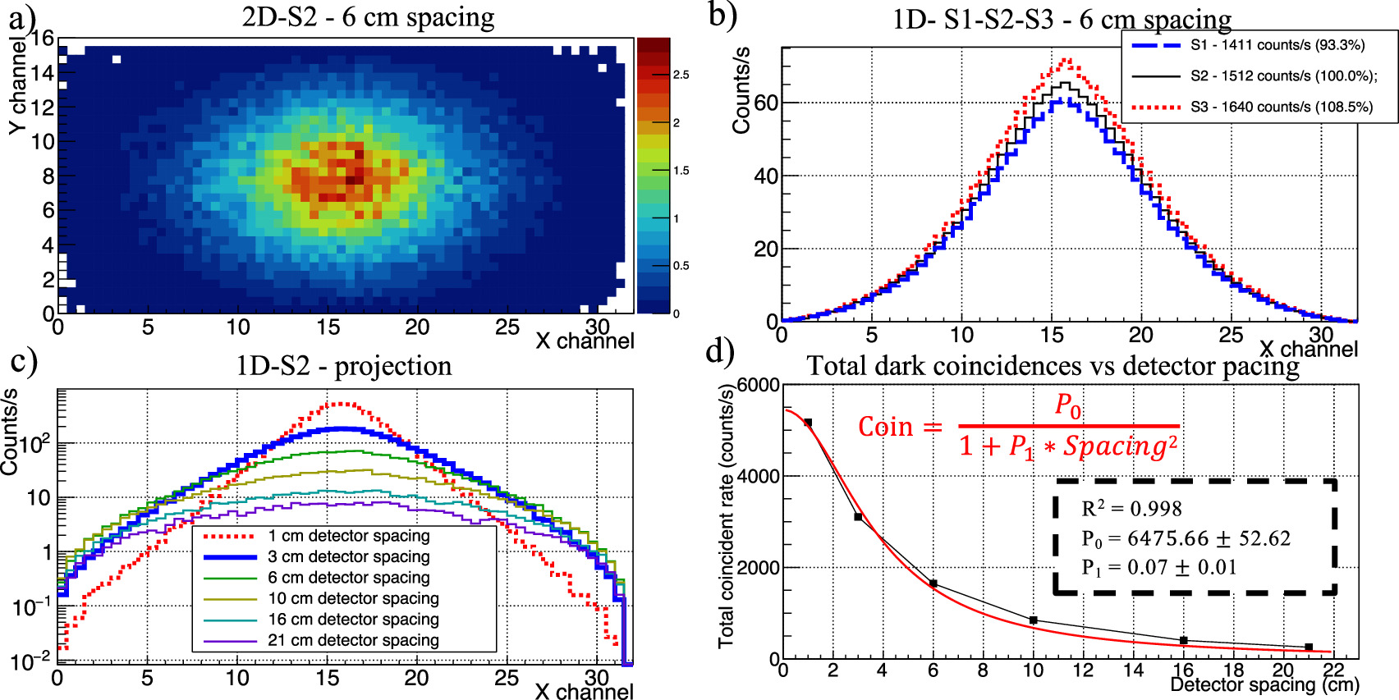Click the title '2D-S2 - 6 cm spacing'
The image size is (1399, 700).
368,17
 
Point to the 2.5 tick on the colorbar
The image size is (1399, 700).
681,75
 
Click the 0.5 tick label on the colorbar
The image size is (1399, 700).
681,266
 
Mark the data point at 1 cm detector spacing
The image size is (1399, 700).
808,423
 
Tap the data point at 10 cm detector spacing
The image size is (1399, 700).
1033,620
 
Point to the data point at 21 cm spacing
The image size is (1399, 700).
1309,647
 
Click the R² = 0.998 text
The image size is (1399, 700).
1131,509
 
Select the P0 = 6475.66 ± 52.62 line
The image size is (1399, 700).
1186,538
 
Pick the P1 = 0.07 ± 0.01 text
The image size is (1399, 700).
1158,567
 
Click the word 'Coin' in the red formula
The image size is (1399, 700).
885,427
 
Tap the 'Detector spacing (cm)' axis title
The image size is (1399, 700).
1264,685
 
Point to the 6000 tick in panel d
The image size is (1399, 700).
758,386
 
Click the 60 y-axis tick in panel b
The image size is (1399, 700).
766,103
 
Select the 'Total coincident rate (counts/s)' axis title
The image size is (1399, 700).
727,515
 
